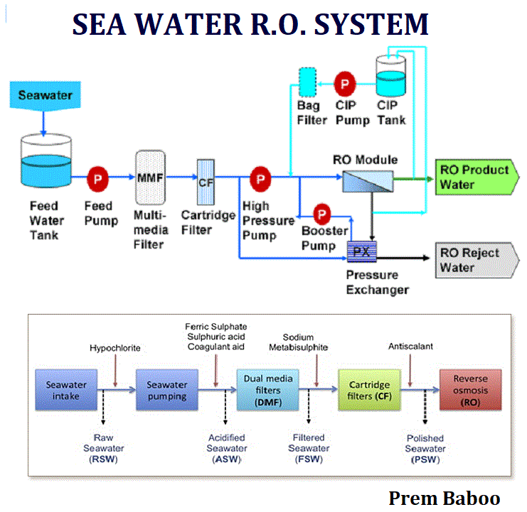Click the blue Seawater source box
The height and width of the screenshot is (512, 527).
tap(45, 96)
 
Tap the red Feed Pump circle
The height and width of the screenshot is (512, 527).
tap(97, 179)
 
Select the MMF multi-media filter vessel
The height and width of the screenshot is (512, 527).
tap(150, 177)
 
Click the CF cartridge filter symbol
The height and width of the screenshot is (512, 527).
tap(206, 183)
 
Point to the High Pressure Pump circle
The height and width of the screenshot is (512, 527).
tap(260, 179)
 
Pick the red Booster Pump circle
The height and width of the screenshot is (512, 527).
tap(321, 214)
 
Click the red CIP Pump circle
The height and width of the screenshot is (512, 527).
tap(344, 84)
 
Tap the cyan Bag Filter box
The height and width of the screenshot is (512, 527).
tap(307, 82)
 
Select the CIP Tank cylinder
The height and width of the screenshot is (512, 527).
tap(390, 76)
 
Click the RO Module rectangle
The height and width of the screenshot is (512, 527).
tap(368, 182)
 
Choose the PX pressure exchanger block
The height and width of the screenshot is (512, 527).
tap(361, 251)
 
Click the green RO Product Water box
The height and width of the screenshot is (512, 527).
tap(477, 177)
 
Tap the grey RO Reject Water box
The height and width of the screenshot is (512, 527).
tap(477, 261)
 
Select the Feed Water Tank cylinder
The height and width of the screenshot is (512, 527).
tap(46, 160)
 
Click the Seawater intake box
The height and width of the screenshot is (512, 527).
tap(66, 390)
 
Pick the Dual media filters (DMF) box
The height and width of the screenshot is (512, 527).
tap(268, 390)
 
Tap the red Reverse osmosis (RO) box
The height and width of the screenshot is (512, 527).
tap(471, 390)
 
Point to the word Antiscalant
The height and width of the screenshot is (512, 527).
tap(410, 347)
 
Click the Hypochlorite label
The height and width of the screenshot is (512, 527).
tap(115, 348)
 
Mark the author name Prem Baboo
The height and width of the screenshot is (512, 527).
tap(445, 499)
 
